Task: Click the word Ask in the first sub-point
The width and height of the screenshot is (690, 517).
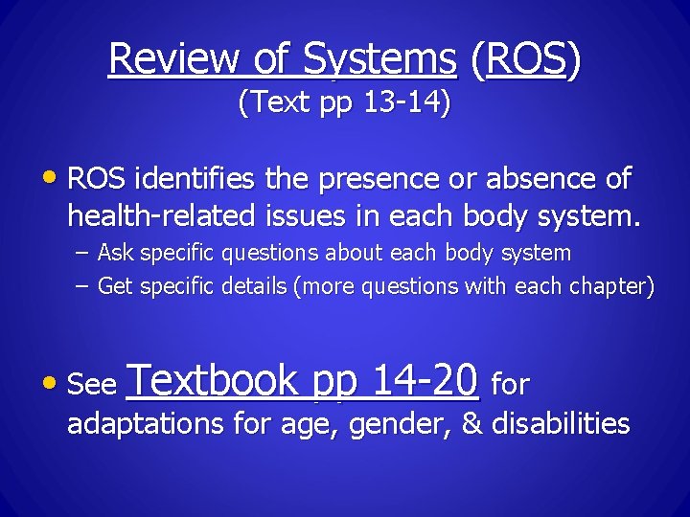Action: [x=115, y=254]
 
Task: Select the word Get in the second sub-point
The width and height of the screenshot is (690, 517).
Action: [x=115, y=286]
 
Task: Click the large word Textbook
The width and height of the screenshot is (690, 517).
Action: [x=213, y=381]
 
